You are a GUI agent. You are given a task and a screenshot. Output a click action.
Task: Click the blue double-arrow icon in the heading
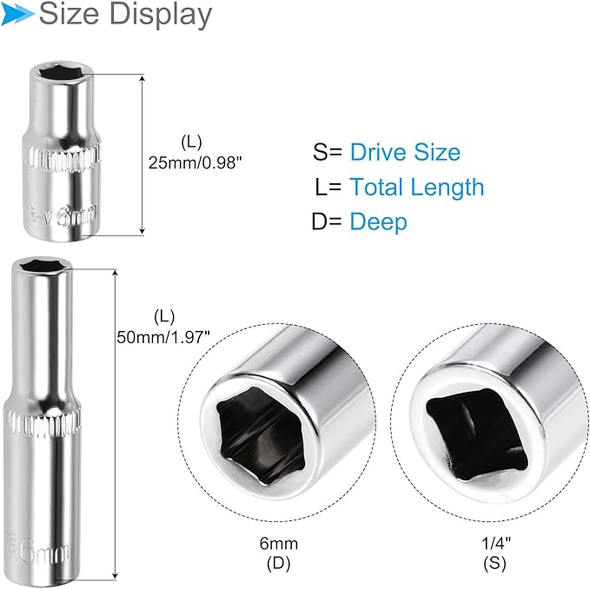18,14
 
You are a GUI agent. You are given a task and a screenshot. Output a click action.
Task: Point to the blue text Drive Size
404,153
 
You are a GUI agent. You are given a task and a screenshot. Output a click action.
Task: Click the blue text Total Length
416,187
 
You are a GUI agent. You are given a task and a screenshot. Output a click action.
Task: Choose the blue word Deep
378,222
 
